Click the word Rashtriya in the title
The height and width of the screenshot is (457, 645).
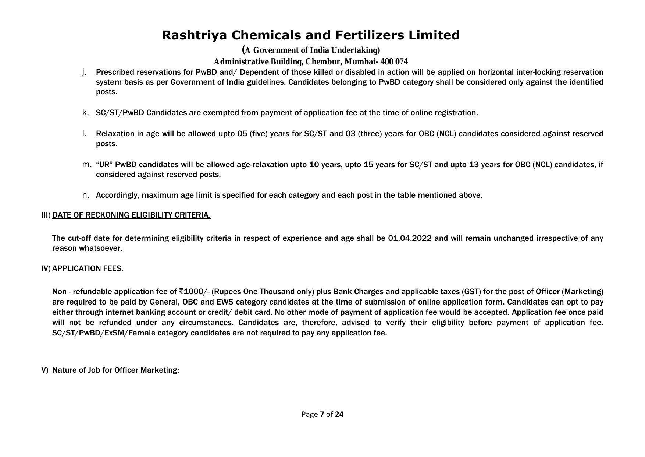195,35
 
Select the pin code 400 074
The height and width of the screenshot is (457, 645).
394,61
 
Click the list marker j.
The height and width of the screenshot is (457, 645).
85,72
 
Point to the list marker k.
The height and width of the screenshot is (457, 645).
85,113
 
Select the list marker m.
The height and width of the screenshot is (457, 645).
86,165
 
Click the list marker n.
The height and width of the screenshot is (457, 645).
85,195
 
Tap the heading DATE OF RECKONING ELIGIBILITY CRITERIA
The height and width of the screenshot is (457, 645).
131,215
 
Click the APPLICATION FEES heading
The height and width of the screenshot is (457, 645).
88,268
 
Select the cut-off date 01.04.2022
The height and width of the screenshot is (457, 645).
410,238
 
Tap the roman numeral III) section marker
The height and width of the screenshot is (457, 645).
46,215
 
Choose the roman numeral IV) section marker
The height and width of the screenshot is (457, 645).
46,268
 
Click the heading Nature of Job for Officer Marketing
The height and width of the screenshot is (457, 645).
115,370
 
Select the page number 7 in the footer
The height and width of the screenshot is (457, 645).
322,414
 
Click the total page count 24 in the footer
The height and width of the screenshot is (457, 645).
339,414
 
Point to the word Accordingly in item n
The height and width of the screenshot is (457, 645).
118,195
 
